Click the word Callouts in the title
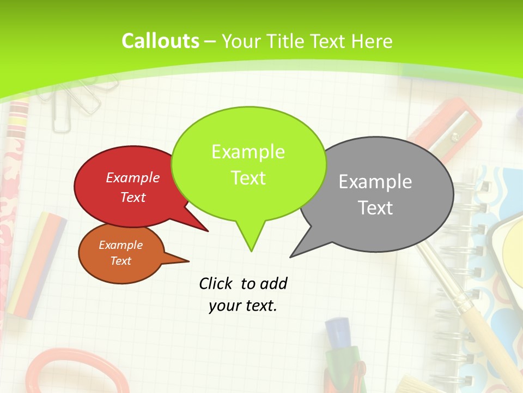tap(160, 41)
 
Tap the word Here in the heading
tap(372, 41)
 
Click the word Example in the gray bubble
tap(375, 182)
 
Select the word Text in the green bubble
tap(248, 178)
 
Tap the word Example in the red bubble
tap(133, 177)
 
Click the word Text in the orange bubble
tap(121, 261)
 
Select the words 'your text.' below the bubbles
tap(243, 306)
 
